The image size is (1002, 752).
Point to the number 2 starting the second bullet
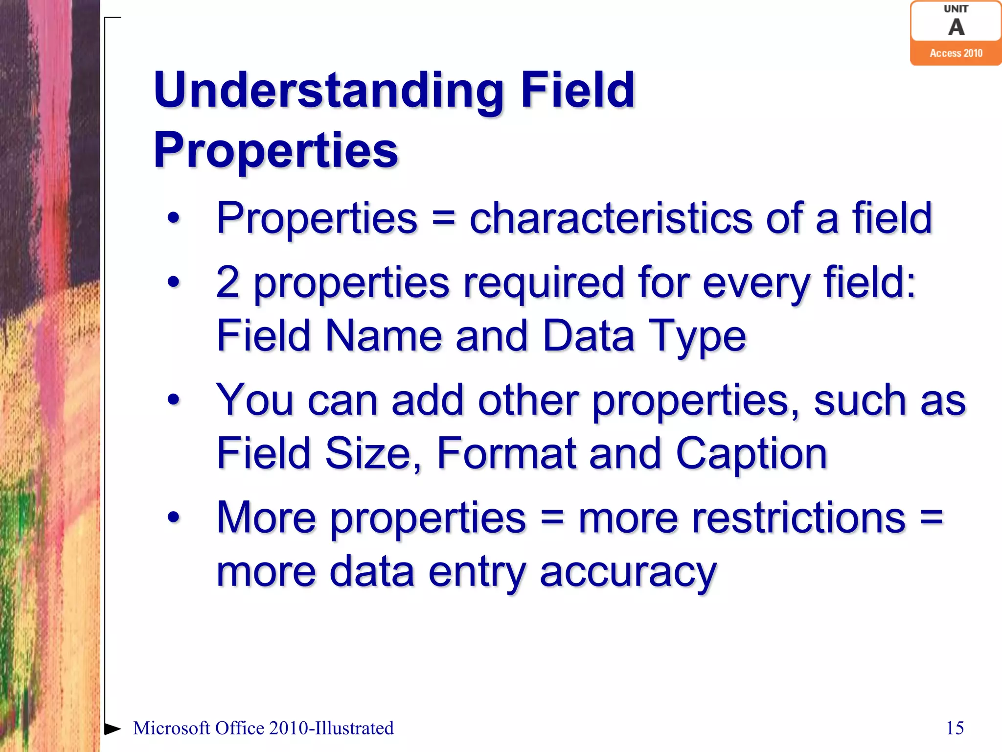(x=228, y=283)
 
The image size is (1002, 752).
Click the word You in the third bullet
(x=254, y=400)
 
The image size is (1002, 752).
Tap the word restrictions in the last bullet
(x=742, y=518)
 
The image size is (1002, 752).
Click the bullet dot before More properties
(x=174, y=517)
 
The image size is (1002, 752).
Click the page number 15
(x=955, y=728)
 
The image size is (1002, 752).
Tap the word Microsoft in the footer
(x=171, y=728)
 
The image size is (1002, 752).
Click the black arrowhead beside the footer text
(x=112, y=728)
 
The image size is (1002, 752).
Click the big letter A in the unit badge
(x=956, y=27)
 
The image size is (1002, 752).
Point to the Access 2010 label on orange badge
(x=956, y=53)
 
